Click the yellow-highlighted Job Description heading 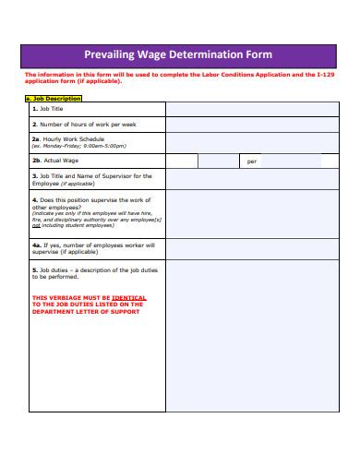coord(53,97)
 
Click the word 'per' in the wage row coord(252,161)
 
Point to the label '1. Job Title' coord(51,108)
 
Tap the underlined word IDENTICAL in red coord(129,298)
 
